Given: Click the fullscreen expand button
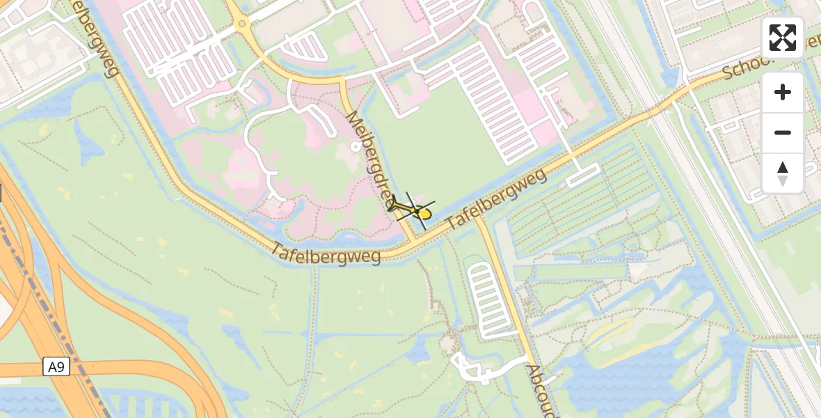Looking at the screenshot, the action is [783, 38].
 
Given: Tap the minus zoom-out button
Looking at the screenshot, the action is [783, 132].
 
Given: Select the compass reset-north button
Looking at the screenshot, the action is [783, 173].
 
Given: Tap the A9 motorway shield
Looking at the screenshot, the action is [57, 366].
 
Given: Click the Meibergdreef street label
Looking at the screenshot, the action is [373, 160].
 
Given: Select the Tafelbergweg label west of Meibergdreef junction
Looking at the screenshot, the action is [326, 254].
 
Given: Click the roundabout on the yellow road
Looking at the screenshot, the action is [243, 25].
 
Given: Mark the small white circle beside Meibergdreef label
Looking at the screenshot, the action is [356, 146].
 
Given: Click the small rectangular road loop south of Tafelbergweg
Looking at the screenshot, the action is [582, 175].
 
